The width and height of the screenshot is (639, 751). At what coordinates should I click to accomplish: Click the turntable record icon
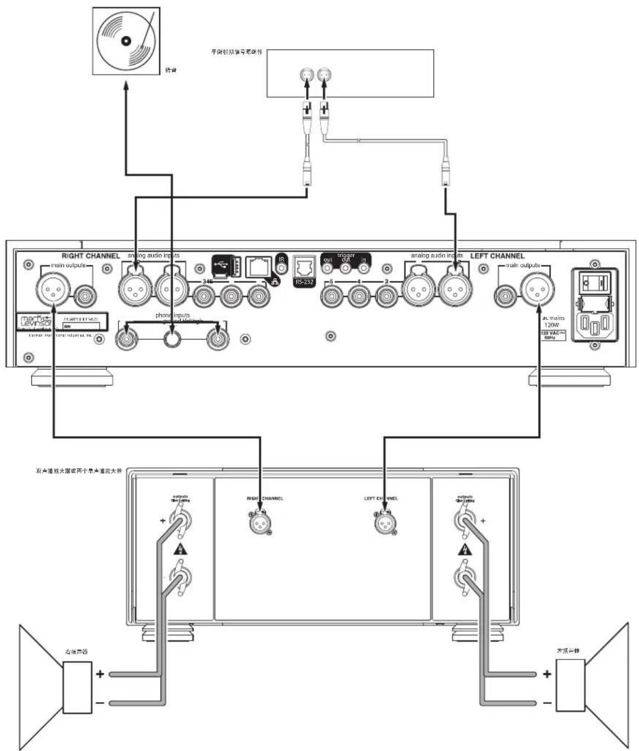coord(126,41)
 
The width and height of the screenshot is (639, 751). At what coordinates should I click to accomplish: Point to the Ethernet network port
coord(258,267)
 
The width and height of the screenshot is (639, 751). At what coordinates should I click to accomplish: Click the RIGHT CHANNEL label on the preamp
coord(90,256)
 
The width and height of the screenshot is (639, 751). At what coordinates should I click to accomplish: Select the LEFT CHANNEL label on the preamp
coord(497,256)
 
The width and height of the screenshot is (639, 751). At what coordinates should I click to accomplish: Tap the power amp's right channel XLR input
coord(259,523)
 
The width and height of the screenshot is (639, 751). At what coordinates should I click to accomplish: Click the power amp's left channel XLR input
coord(384,523)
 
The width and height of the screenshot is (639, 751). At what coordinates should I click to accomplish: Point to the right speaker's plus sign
coord(100,673)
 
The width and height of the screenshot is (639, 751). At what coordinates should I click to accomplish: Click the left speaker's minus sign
coord(547,703)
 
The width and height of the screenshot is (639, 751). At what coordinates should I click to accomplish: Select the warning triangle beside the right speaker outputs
coord(178,549)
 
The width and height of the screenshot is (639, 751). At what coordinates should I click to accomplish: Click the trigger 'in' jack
coord(363,268)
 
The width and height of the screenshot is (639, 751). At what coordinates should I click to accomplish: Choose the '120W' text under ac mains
coord(551,325)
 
